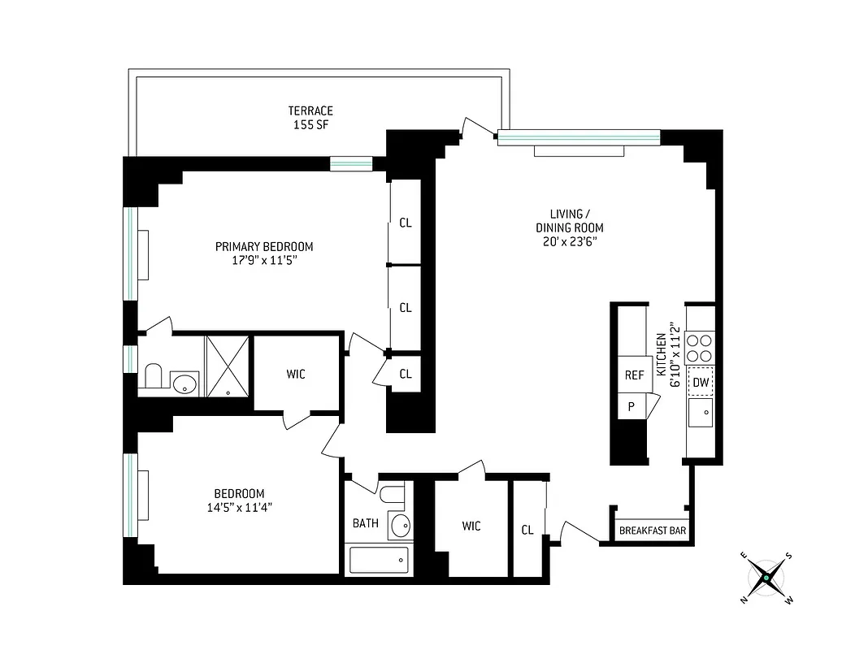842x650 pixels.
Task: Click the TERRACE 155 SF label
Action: pos(310,118)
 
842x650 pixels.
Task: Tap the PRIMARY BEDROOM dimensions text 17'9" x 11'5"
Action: pos(264,262)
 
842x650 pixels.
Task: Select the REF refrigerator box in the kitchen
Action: pos(634,375)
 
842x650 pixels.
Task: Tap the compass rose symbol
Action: pos(766,578)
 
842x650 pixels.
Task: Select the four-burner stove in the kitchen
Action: pos(700,348)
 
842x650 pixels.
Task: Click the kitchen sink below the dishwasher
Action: pos(701,413)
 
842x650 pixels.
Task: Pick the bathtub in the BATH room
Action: pos(379,559)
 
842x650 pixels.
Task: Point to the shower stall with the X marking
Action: pos(228,366)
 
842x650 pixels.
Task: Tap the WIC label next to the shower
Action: pos(296,375)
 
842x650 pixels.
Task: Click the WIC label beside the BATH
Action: pos(471,526)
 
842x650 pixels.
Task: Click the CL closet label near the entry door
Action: pos(527,530)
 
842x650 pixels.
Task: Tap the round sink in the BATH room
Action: pos(400,525)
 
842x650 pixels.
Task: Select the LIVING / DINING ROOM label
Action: pos(569,228)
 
